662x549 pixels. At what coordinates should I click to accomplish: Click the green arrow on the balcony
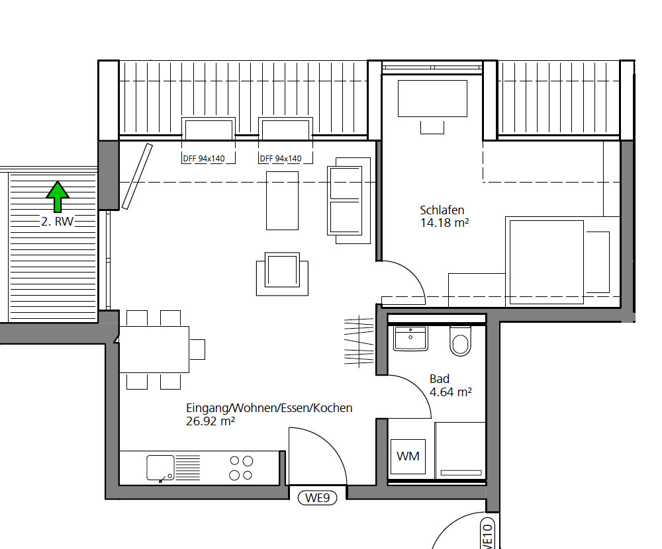[x=58, y=196]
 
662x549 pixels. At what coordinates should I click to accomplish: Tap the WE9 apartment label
[x=318, y=498]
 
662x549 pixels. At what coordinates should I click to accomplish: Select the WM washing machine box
[x=408, y=456]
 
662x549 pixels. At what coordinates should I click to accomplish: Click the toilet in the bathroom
[x=460, y=341]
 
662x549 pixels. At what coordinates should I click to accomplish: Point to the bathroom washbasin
[x=410, y=338]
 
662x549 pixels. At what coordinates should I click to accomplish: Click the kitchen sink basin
[x=160, y=468]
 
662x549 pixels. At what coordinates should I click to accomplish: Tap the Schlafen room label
[x=442, y=210]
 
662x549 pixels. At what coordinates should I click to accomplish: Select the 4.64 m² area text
[x=450, y=392]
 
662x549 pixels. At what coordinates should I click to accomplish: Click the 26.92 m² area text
[x=211, y=421]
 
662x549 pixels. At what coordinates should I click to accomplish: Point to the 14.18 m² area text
[x=445, y=222]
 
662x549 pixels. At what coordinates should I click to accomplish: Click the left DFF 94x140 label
[x=203, y=159]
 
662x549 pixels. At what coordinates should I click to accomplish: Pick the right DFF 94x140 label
[x=280, y=159]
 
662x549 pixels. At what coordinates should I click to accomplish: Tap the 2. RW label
[x=58, y=221]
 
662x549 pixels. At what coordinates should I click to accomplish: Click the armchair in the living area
[x=282, y=274]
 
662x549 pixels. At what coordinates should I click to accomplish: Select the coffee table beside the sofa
[x=282, y=200]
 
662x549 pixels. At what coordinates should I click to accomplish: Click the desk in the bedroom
[x=432, y=99]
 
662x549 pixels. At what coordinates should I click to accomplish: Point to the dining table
[x=154, y=349]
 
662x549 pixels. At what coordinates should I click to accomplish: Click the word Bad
[x=440, y=378]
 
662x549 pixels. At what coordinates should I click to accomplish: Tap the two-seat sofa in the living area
[x=349, y=200]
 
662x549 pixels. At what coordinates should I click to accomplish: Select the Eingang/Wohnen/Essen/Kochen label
[x=269, y=408]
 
